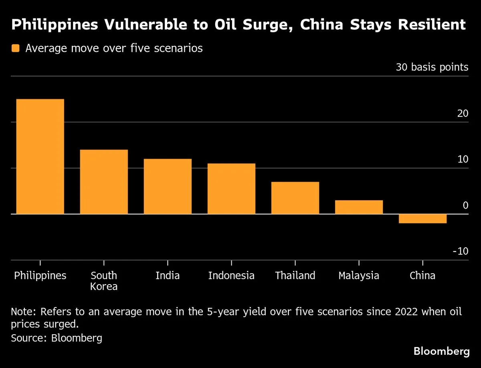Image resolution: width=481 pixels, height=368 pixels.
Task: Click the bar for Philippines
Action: (x=40, y=157)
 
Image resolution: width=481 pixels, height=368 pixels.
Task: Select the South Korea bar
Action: (x=104, y=182)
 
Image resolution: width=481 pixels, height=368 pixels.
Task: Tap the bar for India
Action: (x=168, y=187)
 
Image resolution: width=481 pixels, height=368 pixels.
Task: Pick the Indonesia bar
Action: (x=231, y=189)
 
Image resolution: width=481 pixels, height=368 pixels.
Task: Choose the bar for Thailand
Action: (x=295, y=198)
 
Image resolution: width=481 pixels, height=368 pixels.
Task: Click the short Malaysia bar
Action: (x=359, y=207)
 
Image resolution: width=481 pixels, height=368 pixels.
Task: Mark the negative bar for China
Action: (x=422, y=219)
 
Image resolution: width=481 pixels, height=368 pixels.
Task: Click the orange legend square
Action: (x=16, y=49)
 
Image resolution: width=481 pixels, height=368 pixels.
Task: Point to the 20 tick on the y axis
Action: (x=463, y=114)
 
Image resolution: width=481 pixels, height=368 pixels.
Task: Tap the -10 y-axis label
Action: (x=460, y=251)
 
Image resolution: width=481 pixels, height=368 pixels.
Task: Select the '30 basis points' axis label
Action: (x=432, y=67)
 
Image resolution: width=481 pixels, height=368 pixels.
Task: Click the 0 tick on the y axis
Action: (x=465, y=205)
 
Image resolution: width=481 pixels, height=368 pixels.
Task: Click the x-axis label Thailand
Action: (x=295, y=276)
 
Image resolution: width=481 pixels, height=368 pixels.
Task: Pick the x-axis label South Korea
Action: (x=104, y=281)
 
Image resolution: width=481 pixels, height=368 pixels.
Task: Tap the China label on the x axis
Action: (x=422, y=276)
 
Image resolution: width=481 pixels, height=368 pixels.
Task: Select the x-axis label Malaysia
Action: (x=359, y=276)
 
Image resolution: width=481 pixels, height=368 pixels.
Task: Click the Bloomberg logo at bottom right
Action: (x=441, y=352)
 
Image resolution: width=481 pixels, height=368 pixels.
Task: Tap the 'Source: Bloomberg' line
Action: (x=57, y=338)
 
